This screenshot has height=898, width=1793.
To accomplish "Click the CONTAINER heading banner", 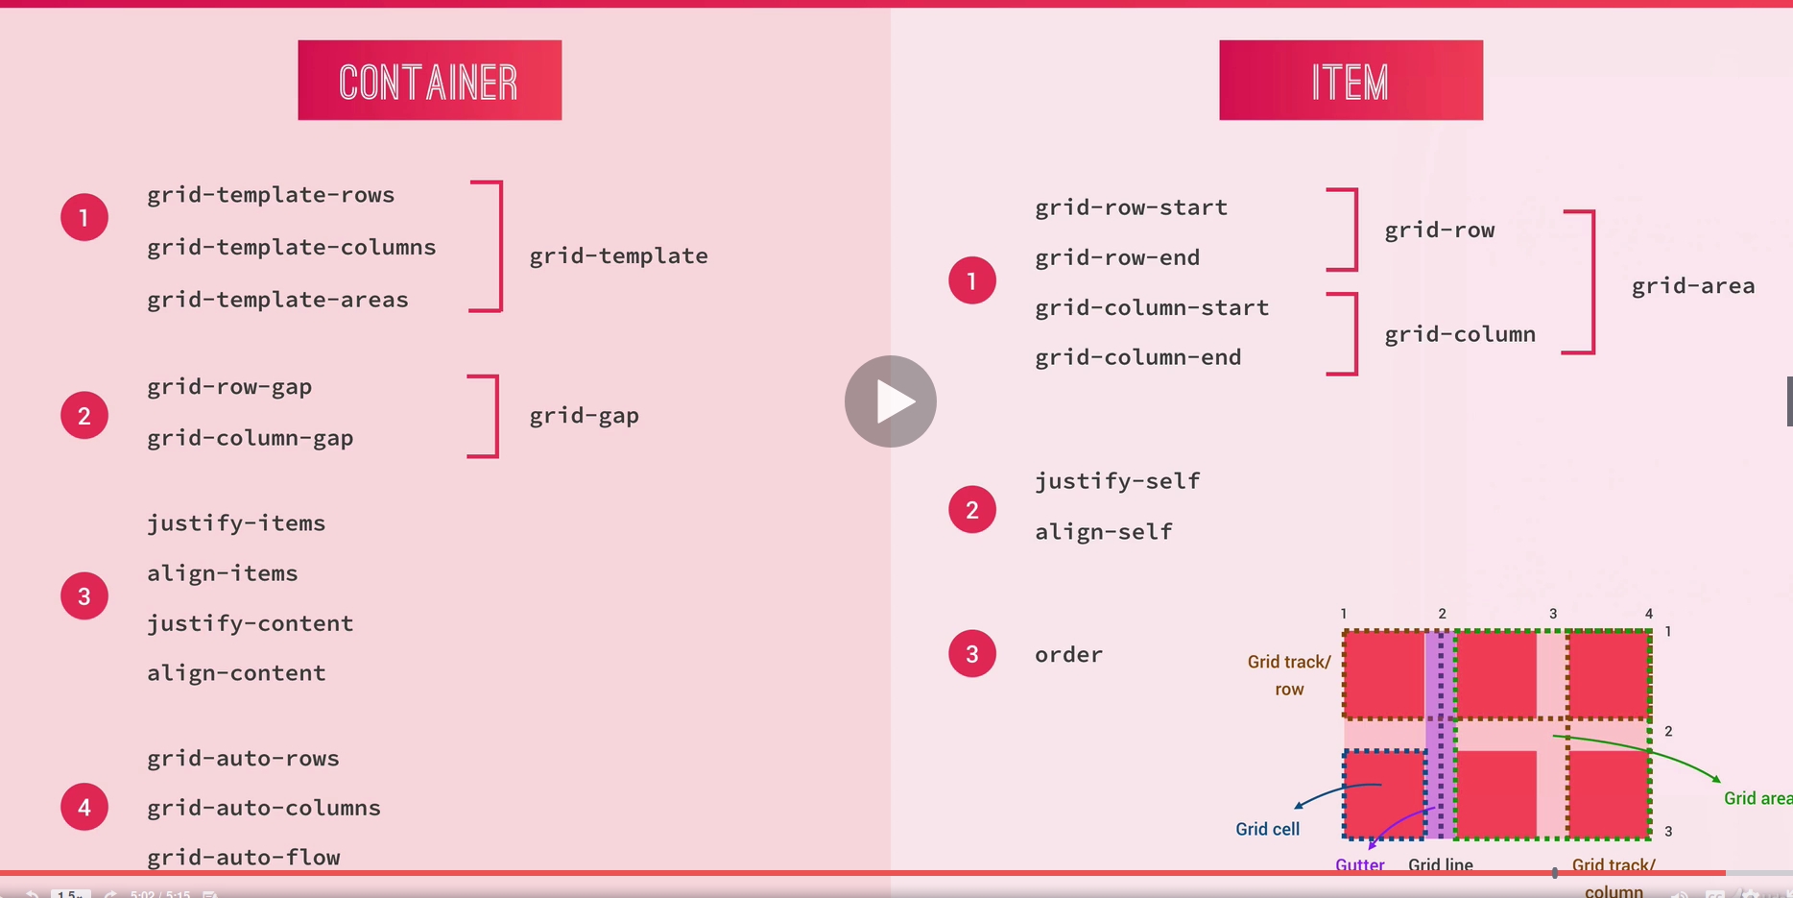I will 429,81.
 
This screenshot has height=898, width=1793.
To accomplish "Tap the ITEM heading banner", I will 1351,81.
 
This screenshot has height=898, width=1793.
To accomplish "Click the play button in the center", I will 891,401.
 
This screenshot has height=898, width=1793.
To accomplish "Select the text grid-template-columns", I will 292,248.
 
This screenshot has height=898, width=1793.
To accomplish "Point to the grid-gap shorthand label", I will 584,416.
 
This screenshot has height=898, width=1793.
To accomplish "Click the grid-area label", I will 1693,286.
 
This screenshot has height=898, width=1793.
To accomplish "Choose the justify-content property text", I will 251,623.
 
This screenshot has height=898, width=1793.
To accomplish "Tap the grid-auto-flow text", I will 244,857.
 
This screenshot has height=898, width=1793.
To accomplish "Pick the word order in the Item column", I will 1068,655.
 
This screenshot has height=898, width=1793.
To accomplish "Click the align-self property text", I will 1104,532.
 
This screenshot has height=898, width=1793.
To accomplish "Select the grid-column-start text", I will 1152,308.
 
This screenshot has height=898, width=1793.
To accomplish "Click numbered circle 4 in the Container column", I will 84,807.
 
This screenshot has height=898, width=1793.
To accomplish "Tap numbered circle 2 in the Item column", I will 972,510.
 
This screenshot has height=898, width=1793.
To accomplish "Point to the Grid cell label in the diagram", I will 1267,829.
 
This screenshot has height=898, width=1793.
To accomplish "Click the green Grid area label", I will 1757,798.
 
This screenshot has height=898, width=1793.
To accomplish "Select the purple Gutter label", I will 1359,864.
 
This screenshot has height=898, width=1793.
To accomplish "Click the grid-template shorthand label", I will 618,256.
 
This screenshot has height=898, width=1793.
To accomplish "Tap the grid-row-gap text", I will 229,387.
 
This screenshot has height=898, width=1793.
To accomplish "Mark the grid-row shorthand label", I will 1439,231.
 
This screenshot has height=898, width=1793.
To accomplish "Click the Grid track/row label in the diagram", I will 1288,675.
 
